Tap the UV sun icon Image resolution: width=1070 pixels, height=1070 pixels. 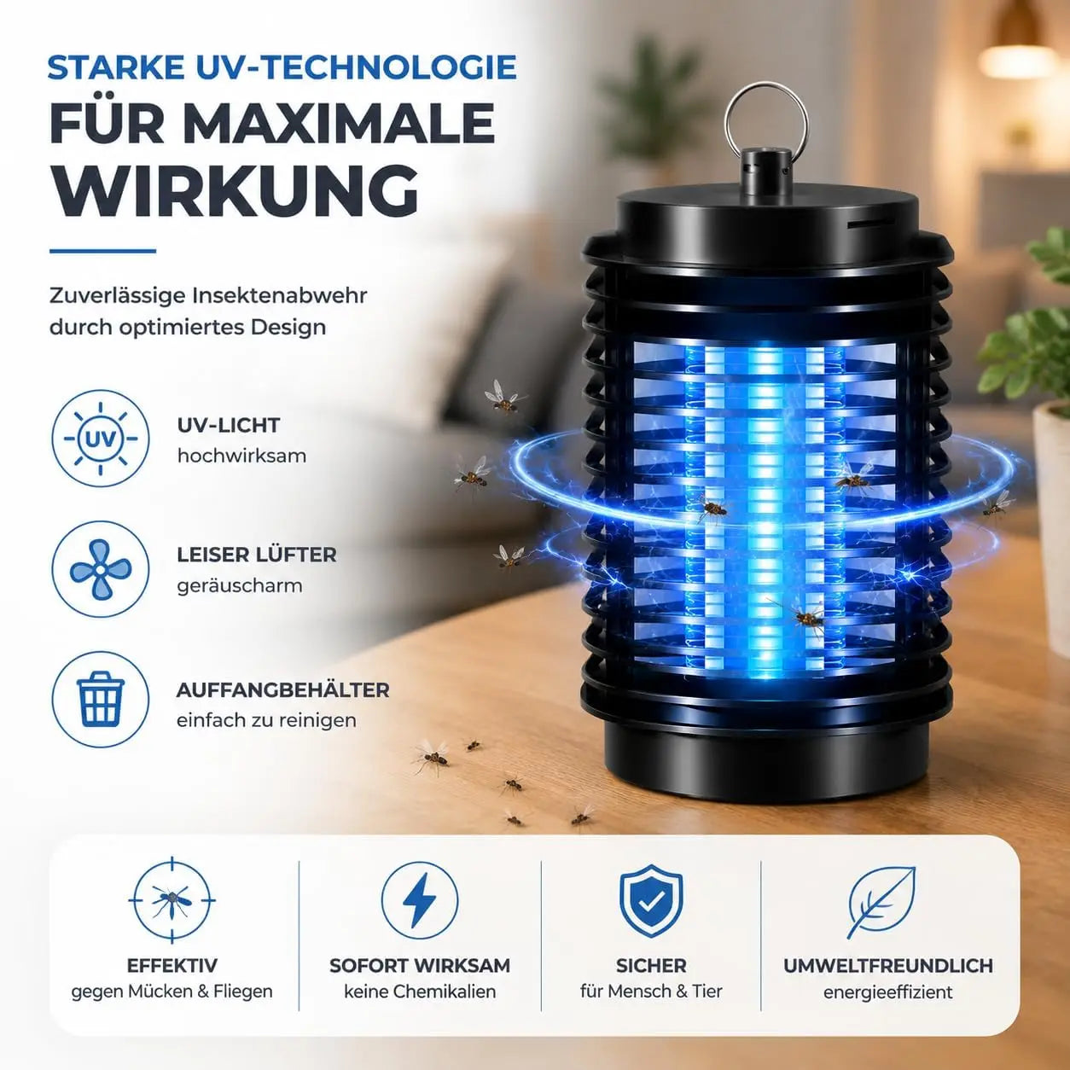click(x=101, y=439)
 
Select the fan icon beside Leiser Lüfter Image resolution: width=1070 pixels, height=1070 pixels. click(x=101, y=569)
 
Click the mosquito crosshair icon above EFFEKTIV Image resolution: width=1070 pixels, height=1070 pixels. click(x=172, y=901)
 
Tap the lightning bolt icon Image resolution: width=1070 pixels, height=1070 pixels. click(x=420, y=901)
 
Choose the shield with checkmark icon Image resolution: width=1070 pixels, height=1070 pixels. click(x=651, y=901)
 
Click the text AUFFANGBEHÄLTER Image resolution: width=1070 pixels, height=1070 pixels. click(x=283, y=690)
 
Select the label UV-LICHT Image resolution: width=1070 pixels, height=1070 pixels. click(x=229, y=425)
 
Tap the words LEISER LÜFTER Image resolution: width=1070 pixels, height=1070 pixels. click(x=257, y=555)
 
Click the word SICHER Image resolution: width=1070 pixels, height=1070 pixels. click(x=651, y=966)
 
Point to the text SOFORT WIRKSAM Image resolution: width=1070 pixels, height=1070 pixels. click(x=420, y=966)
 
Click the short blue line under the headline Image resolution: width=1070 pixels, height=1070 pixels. click(x=102, y=251)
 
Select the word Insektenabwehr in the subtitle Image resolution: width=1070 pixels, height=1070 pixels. click(x=280, y=295)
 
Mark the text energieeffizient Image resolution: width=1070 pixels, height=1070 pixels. click(x=888, y=992)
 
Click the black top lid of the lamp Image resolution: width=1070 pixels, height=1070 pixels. click(x=767, y=219)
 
